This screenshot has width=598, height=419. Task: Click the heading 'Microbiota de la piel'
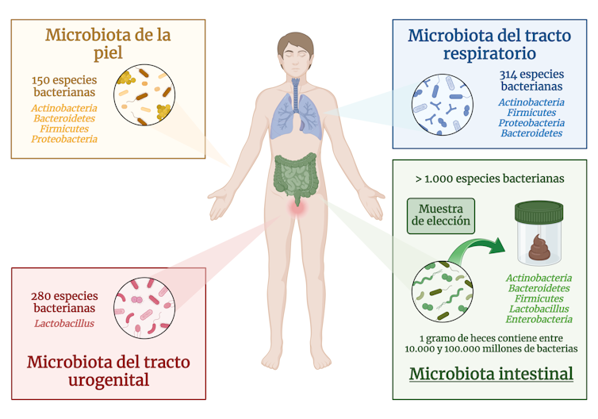tap(108, 44)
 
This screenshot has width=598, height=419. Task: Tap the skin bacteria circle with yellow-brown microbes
tap(146, 95)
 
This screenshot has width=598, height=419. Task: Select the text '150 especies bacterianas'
tap(70, 86)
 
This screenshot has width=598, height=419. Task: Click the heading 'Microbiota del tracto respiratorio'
tap(489, 44)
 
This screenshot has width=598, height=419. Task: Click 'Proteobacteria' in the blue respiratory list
tap(531, 123)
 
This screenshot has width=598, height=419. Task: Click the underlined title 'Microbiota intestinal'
tap(492, 374)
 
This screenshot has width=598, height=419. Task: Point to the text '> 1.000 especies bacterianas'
tap(490, 179)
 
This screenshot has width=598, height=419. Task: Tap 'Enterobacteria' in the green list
tap(539, 319)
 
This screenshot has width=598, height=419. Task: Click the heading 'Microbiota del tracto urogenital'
tap(109, 371)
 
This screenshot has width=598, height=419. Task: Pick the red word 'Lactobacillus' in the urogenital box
tap(64, 323)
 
